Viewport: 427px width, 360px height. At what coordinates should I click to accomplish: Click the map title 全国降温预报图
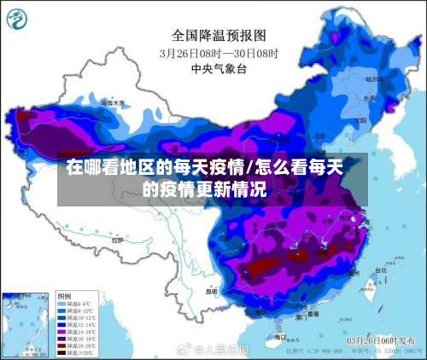(x=219, y=35)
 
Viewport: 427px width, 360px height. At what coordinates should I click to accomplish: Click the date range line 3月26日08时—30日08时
(x=219, y=52)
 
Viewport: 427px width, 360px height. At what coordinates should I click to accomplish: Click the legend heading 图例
(x=64, y=300)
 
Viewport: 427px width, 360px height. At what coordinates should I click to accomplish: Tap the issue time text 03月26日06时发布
(x=379, y=340)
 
